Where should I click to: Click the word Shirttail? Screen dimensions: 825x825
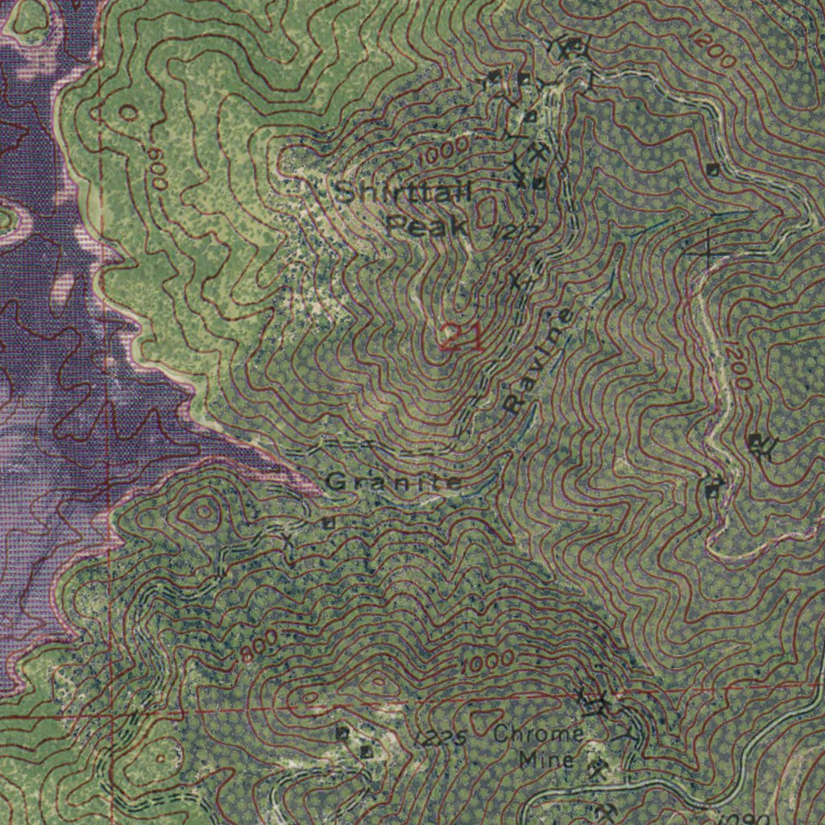pyautogui.click(x=403, y=193)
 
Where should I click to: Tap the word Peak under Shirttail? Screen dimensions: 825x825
pyautogui.click(x=427, y=226)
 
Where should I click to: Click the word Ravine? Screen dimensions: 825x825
pyautogui.click(x=538, y=361)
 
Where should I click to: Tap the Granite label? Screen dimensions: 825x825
pyautogui.click(x=394, y=483)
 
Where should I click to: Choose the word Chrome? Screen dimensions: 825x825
pyautogui.click(x=538, y=734)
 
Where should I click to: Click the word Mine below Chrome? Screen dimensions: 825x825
pyautogui.click(x=546, y=759)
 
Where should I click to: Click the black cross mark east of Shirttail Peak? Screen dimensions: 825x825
pyautogui.click(x=707, y=247)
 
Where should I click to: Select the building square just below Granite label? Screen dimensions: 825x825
pyautogui.click(x=328, y=523)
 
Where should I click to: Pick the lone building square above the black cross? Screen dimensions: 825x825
pyautogui.click(x=712, y=169)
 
